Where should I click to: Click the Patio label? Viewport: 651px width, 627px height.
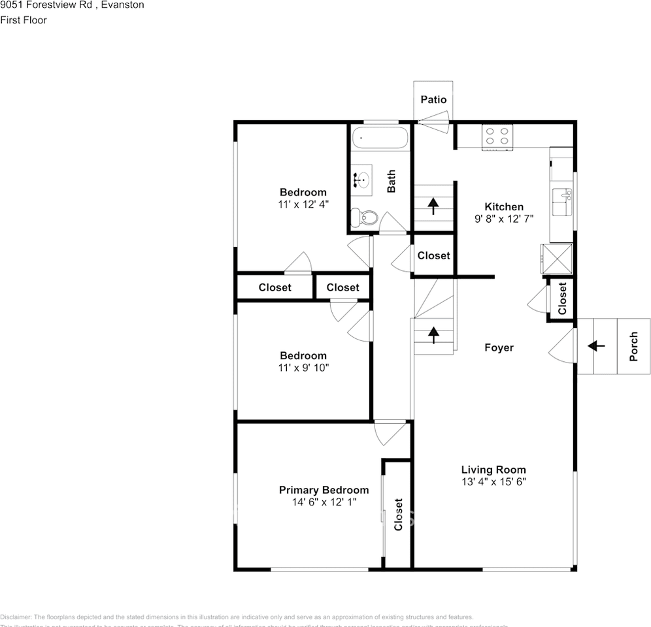pos(433,99)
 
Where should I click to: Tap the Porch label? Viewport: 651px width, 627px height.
pos(633,347)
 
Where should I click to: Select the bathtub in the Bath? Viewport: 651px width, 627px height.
pos(380,138)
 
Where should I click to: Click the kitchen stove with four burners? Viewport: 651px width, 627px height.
pos(497,137)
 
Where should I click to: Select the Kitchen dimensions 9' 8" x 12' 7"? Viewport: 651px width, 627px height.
pos(504,219)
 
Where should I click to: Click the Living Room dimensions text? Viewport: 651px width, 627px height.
pos(493,482)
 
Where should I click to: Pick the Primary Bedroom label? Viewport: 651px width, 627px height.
pos(324,490)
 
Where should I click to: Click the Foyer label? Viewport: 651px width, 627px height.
pos(499,347)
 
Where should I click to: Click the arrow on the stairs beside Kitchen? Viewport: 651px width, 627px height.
pos(433,206)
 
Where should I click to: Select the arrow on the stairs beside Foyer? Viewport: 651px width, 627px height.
pos(433,334)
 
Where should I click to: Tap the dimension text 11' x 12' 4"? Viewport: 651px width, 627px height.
pos(303,204)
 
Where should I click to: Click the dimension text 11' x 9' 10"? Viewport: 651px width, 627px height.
pos(303,368)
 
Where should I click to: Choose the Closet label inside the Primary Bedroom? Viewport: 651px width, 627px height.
pos(398,515)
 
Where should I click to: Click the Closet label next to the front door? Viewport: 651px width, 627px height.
pos(562,298)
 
